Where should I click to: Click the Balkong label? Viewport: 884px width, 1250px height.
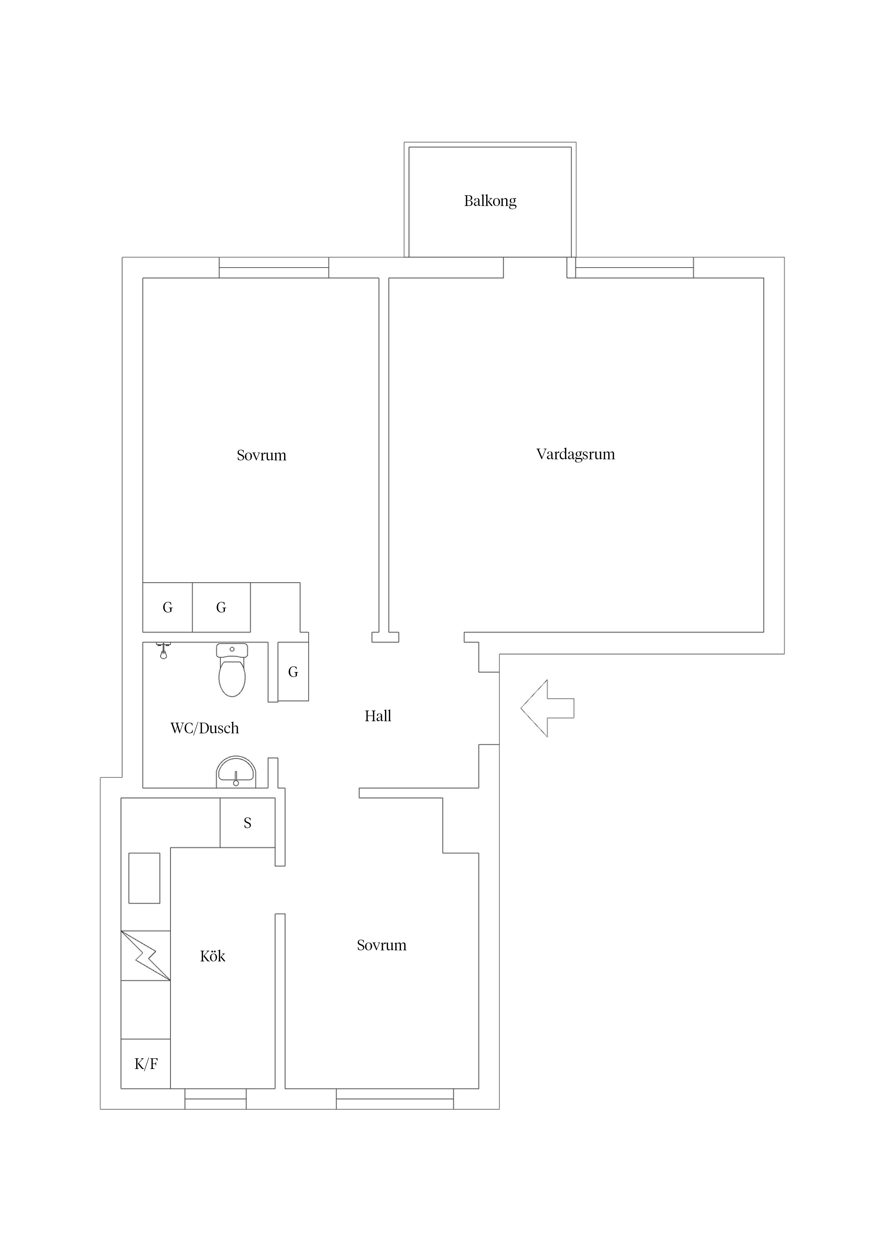[x=490, y=201]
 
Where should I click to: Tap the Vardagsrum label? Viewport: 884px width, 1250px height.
[x=575, y=454]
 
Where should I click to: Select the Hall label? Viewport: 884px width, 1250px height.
[x=377, y=716]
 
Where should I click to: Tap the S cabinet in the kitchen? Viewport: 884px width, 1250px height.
[x=247, y=823]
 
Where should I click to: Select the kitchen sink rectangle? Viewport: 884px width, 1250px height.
[x=144, y=878]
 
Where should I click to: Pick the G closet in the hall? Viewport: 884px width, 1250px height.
[x=293, y=672]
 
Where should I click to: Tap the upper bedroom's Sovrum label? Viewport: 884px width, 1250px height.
[x=261, y=455]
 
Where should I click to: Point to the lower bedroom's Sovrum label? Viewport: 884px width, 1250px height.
[x=381, y=945]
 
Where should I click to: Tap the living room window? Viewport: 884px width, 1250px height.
[x=634, y=267]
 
